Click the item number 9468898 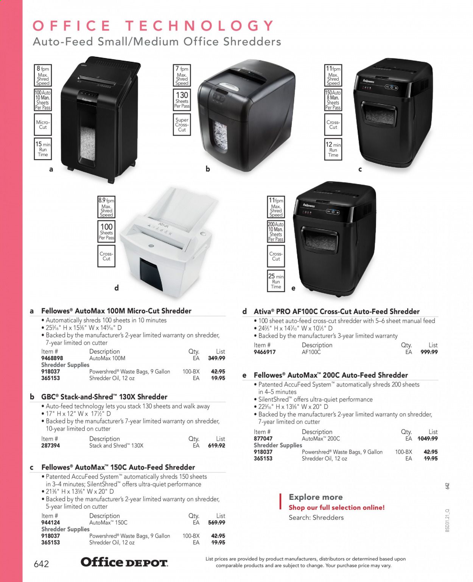[52, 358]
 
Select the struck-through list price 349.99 [216, 358]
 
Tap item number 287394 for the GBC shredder [51, 446]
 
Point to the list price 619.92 [216, 446]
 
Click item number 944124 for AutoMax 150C [51, 523]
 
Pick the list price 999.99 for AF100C [429, 352]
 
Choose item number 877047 [263, 438]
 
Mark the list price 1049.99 [428, 438]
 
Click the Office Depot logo [124, 562]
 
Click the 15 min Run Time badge [43, 149]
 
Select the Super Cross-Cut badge [182, 125]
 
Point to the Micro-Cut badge [43, 125]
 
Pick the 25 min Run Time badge [276, 282]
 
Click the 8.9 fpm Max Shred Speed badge [106, 207]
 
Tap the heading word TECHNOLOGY [200, 26]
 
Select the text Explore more [316, 497]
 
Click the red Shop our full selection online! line [336, 508]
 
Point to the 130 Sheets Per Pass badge [182, 100]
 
